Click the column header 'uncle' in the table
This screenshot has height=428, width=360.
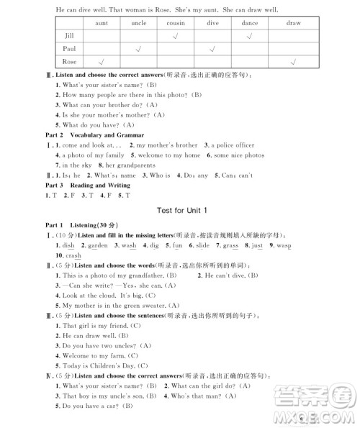tap(138, 23)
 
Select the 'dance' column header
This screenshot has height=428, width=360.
tap(250, 23)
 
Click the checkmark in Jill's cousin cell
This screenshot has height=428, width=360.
tap(176, 36)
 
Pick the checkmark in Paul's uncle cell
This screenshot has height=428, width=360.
tap(138, 49)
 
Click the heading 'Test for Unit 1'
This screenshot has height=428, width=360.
tap(176, 210)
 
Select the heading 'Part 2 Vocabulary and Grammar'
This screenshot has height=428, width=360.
tap(84, 135)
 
